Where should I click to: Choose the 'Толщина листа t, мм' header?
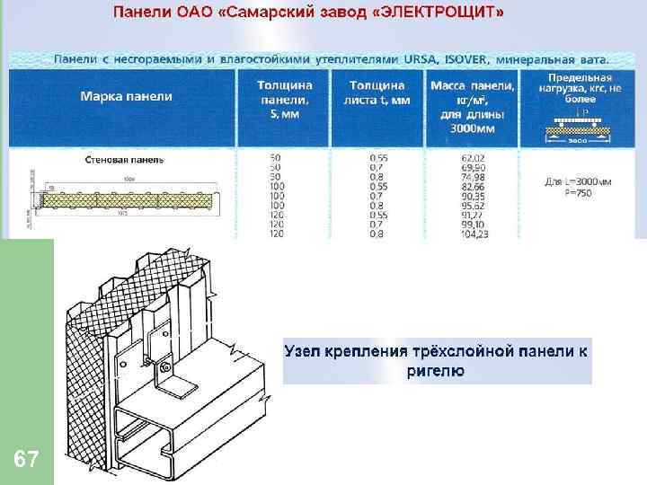(x=377, y=93)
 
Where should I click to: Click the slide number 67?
(x=27, y=461)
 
